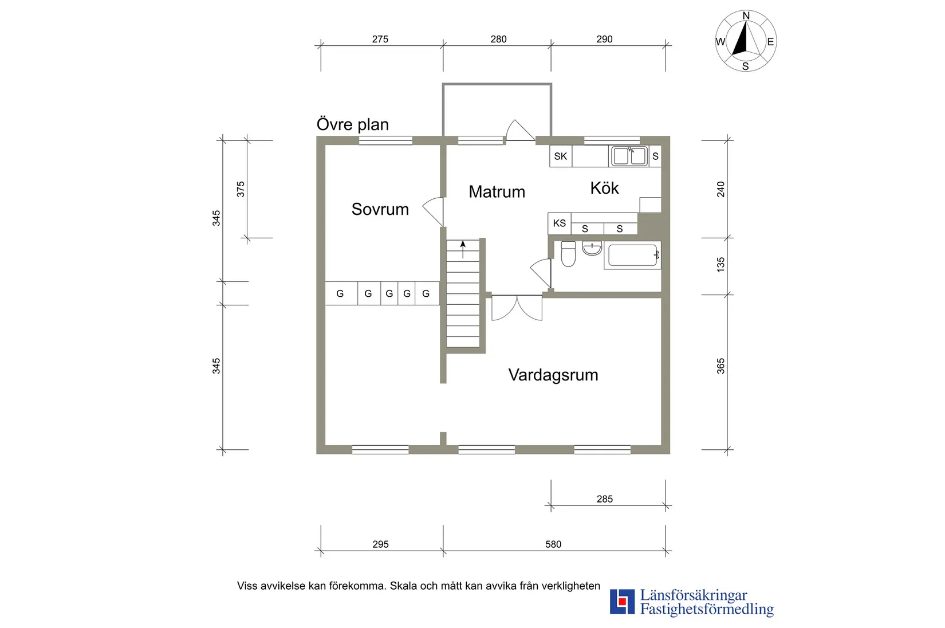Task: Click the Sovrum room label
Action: [x=380, y=209]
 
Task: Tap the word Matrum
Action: [x=497, y=191]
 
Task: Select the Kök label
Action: [x=604, y=188]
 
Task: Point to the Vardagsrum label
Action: [x=553, y=375]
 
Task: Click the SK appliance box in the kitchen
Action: [x=561, y=156]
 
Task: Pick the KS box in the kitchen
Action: [x=560, y=223]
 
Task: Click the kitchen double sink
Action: [x=629, y=156]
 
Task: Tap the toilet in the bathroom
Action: [x=568, y=254]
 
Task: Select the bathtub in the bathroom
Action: [x=632, y=256]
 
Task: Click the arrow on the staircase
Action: [x=463, y=248]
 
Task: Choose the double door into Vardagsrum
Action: [x=517, y=307]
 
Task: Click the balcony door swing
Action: [x=519, y=131]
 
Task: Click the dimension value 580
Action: [x=553, y=544]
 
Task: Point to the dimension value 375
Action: [x=241, y=189]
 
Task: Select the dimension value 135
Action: [x=720, y=264]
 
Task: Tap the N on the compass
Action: [x=746, y=16]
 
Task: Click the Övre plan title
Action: [x=353, y=124]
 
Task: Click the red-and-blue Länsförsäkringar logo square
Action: [x=622, y=602]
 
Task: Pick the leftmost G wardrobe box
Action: [x=340, y=293]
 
